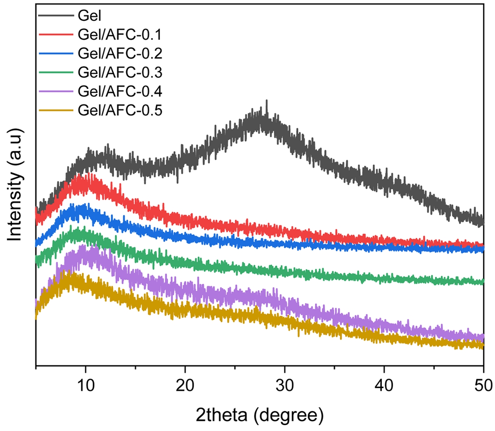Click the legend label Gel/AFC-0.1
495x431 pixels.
point(120,35)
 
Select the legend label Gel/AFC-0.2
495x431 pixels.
point(120,54)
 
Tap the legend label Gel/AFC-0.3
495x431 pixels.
point(120,73)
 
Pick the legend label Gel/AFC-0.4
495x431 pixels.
point(120,91)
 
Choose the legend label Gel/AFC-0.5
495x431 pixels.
point(120,110)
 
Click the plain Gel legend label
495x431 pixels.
point(89,16)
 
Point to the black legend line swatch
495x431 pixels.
point(56,16)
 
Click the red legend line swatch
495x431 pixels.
point(56,35)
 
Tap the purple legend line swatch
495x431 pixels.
point(56,91)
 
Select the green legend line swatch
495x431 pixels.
point(56,73)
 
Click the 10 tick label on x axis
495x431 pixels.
point(86,385)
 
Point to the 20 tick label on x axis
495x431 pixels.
point(185,385)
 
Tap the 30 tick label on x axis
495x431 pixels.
point(285,385)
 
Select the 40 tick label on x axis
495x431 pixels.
point(384,385)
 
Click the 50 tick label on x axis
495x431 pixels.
point(484,385)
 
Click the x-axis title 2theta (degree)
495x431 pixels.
point(260,415)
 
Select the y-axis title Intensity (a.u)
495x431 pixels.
point(16,185)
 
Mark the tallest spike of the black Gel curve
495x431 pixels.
point(267,101)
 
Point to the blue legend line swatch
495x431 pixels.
point(56,54)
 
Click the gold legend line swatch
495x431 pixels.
point(56,110)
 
